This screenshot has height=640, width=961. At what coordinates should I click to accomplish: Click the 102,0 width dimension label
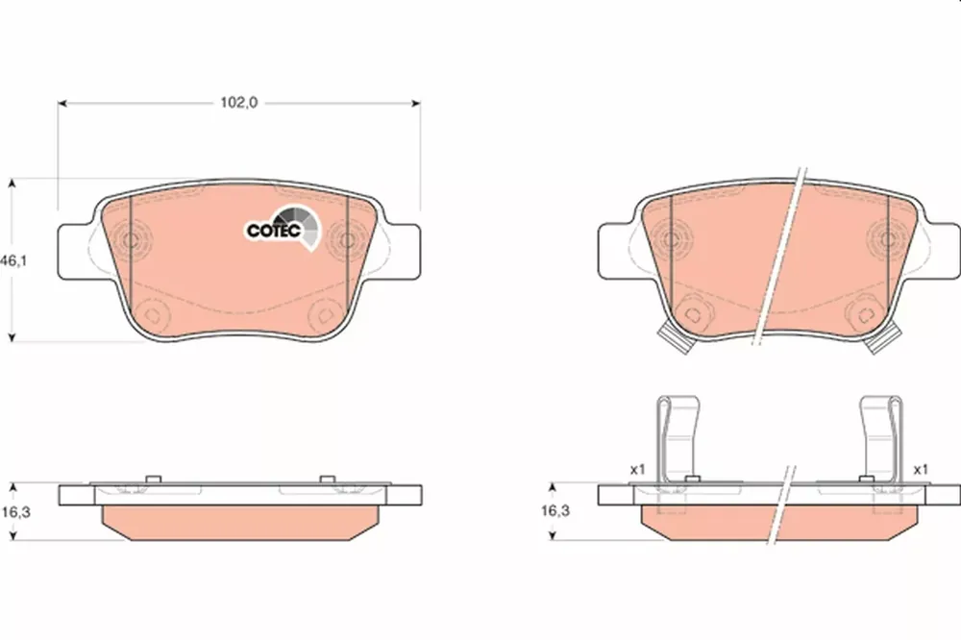239,103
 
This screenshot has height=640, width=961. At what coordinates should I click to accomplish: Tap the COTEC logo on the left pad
283,229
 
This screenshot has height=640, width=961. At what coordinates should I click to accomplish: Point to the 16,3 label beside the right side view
554,510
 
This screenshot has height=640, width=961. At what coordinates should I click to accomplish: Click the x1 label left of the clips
638,470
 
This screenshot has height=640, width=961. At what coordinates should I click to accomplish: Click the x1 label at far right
921,470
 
